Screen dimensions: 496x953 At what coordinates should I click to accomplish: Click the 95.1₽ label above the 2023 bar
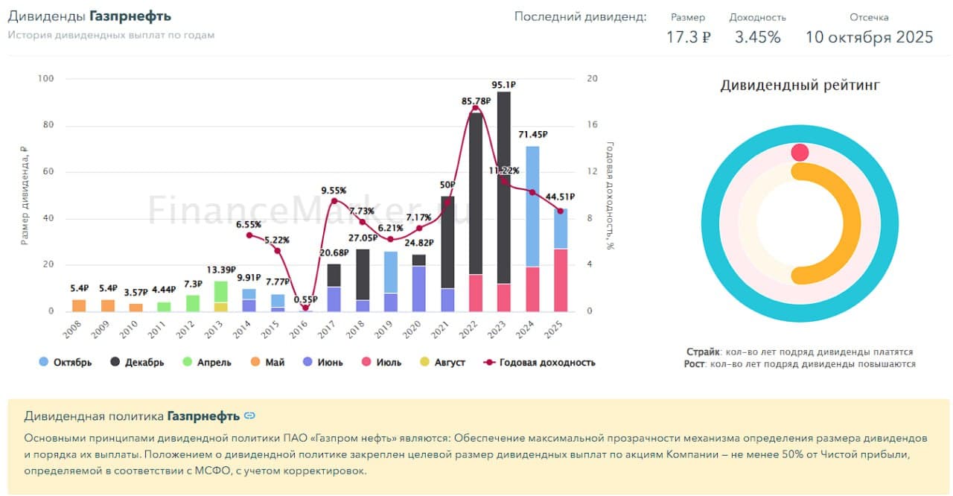(504, 85)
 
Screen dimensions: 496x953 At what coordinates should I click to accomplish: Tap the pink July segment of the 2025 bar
(560, 280)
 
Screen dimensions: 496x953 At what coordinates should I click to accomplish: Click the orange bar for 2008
(79, 305)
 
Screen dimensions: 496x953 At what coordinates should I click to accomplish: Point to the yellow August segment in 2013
(221, 307)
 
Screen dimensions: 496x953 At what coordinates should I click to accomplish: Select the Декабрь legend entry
(137, 363)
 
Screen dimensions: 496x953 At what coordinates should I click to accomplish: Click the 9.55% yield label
(334, 191)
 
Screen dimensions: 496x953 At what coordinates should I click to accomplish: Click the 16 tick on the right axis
(593, 125)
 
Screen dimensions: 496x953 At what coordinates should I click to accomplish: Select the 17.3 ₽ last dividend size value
(688, 37)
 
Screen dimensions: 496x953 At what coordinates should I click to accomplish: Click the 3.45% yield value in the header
(757, 37)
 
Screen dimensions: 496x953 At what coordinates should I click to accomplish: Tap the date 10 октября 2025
(869, 37)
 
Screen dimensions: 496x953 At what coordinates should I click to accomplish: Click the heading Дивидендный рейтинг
(800, 86)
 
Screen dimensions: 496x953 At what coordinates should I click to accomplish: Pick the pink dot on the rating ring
(800, 153)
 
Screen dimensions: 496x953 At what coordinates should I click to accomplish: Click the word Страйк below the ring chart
(702, 352)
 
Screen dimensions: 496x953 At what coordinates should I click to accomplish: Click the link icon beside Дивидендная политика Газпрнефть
(249, 416)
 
